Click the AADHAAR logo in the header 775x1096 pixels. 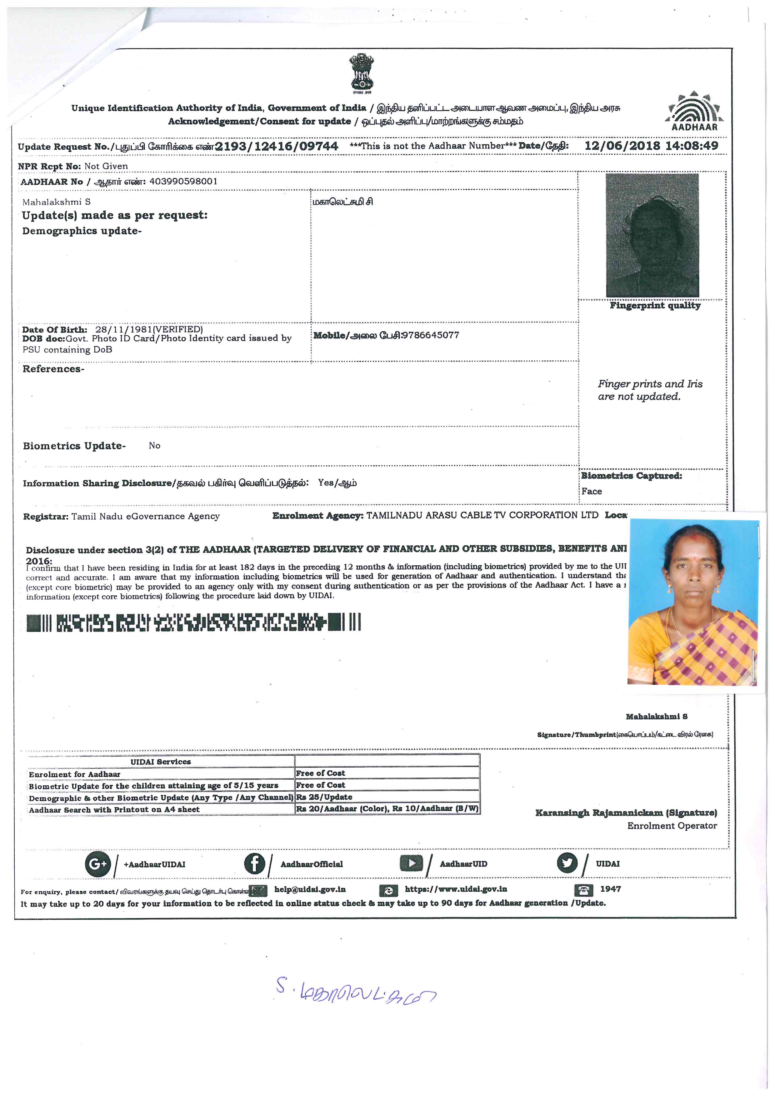coord(694,111)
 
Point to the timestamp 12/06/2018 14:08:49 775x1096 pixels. coord(651,146)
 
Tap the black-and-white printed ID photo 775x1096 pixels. coord(652,235)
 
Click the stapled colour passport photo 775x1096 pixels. coord(693,603)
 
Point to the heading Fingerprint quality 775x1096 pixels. coord(655,306)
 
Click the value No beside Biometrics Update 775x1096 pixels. coord(154,445)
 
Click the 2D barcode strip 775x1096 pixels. coord(193,623)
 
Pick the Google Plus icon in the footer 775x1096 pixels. coord(97,864)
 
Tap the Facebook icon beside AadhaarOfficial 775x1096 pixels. coord(254,863)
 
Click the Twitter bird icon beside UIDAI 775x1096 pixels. coord(567,863)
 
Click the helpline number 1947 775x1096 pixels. coord(610,889)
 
